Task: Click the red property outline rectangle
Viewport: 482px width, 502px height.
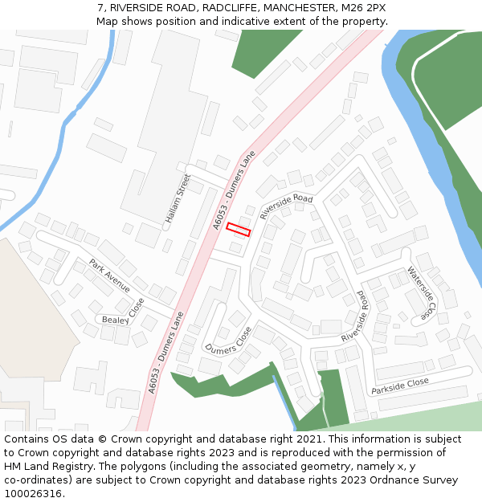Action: pos(238,229)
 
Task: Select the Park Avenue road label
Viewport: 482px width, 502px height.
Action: pos(109,275)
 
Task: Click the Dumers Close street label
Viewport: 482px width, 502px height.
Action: pos(228,341)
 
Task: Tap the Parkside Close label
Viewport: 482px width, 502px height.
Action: pos(400,386)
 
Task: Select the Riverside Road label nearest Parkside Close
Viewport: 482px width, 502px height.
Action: pos(354,316)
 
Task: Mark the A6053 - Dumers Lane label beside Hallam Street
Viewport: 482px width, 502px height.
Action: pos(235,190)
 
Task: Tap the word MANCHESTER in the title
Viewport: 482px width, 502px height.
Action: pos(296,7)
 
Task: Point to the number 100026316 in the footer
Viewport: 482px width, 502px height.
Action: pos(33,494)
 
